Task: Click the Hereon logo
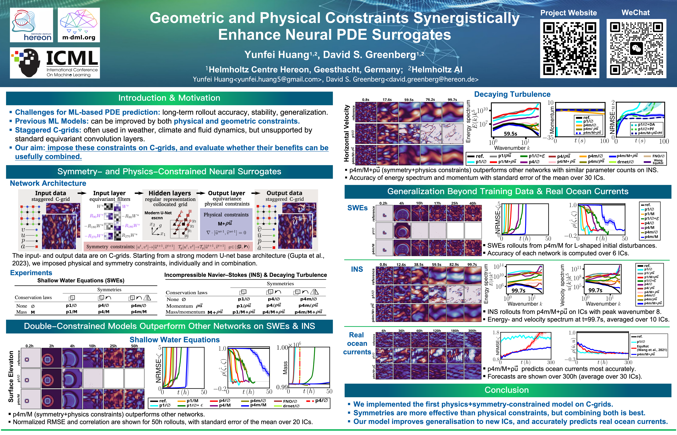(31, 25)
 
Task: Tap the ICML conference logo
(55, 63)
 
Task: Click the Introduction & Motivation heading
(169, 98)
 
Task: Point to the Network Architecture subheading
(48, 183)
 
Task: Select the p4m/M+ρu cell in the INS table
(308, 312)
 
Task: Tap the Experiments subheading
(31, 273)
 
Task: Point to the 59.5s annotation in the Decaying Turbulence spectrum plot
(510, 134)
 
